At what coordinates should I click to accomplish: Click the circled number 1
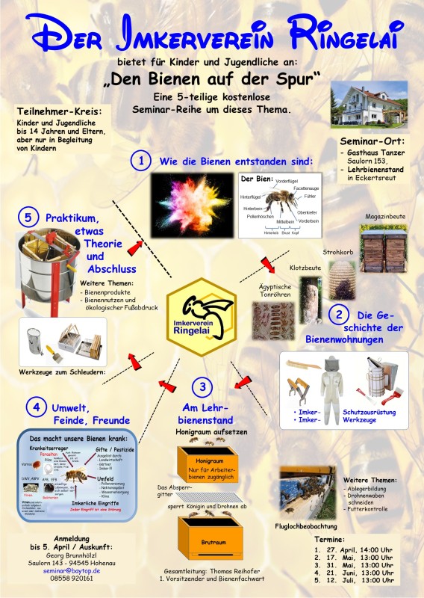point(141,160)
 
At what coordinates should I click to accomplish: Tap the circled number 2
point(340,315)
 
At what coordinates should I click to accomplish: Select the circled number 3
point(202,386)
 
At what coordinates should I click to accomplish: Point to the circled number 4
point(36,407)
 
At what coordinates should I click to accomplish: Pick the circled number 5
point(28,218)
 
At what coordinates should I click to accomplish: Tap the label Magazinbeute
point(384,216)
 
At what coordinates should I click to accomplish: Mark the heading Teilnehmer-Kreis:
point(58,111)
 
